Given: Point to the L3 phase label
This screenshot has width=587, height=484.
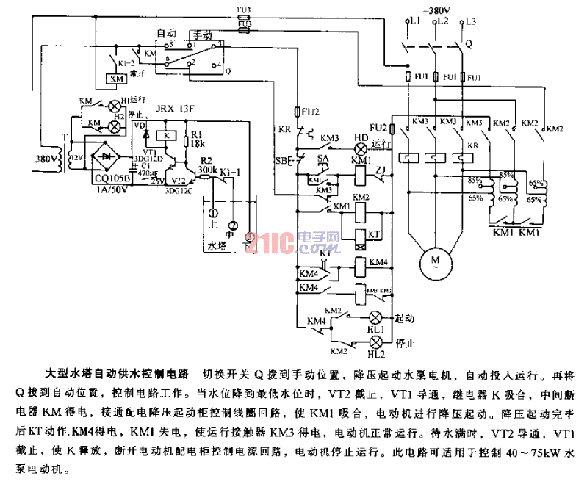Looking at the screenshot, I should tap(471, 23).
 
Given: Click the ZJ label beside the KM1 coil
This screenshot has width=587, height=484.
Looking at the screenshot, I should tap(379, 170).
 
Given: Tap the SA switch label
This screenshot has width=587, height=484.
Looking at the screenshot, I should tap(323, 158).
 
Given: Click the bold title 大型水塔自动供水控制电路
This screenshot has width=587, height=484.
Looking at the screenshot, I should tap(118, 374).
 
